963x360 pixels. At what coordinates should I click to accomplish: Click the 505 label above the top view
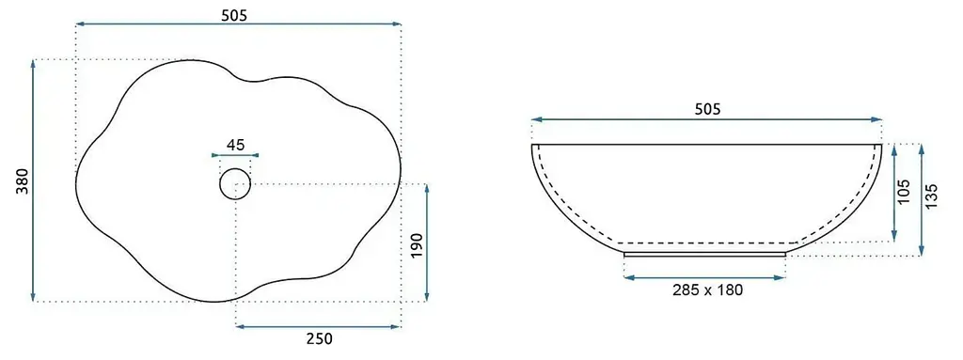point(234,16)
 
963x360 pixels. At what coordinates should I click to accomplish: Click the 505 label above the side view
point(706,109)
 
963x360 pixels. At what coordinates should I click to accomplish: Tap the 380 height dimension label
point(23,181)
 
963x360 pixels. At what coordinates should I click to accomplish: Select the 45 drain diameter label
point(235,145)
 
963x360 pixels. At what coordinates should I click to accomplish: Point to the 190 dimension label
point(417,245)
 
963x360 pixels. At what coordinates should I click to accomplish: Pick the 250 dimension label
point(319,338)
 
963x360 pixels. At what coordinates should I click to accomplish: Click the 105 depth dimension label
point(904,192)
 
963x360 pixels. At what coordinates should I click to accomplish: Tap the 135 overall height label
point(932,196)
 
